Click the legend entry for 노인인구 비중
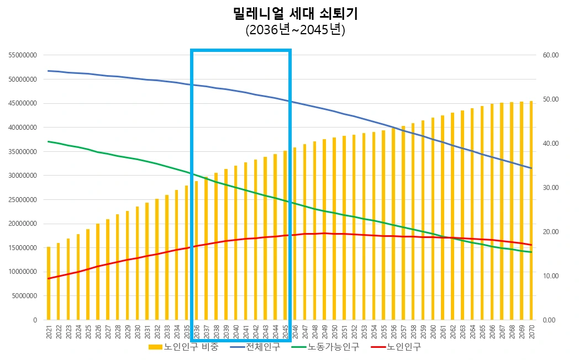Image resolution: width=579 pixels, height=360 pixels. click(184, 347)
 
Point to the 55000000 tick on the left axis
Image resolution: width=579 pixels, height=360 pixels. click(23, 55)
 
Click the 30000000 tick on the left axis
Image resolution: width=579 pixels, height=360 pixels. click(23, 176)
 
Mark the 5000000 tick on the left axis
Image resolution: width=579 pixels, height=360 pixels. click(24, 296)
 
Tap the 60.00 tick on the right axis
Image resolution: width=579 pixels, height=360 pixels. click(551, 55)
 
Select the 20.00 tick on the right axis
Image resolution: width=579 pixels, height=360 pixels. click(551, 232)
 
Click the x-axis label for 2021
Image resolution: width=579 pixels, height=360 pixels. click(49, 331)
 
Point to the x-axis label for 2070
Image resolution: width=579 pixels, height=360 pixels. click(531, 331)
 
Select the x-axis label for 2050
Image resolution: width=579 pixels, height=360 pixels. click(334, 331)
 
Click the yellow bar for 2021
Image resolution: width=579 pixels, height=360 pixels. click(49, 283)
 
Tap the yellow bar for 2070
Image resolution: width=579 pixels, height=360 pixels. click(531, 210)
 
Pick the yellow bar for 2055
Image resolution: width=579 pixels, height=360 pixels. click(383, 225)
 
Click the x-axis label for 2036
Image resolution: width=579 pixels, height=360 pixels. click(196, 331)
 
